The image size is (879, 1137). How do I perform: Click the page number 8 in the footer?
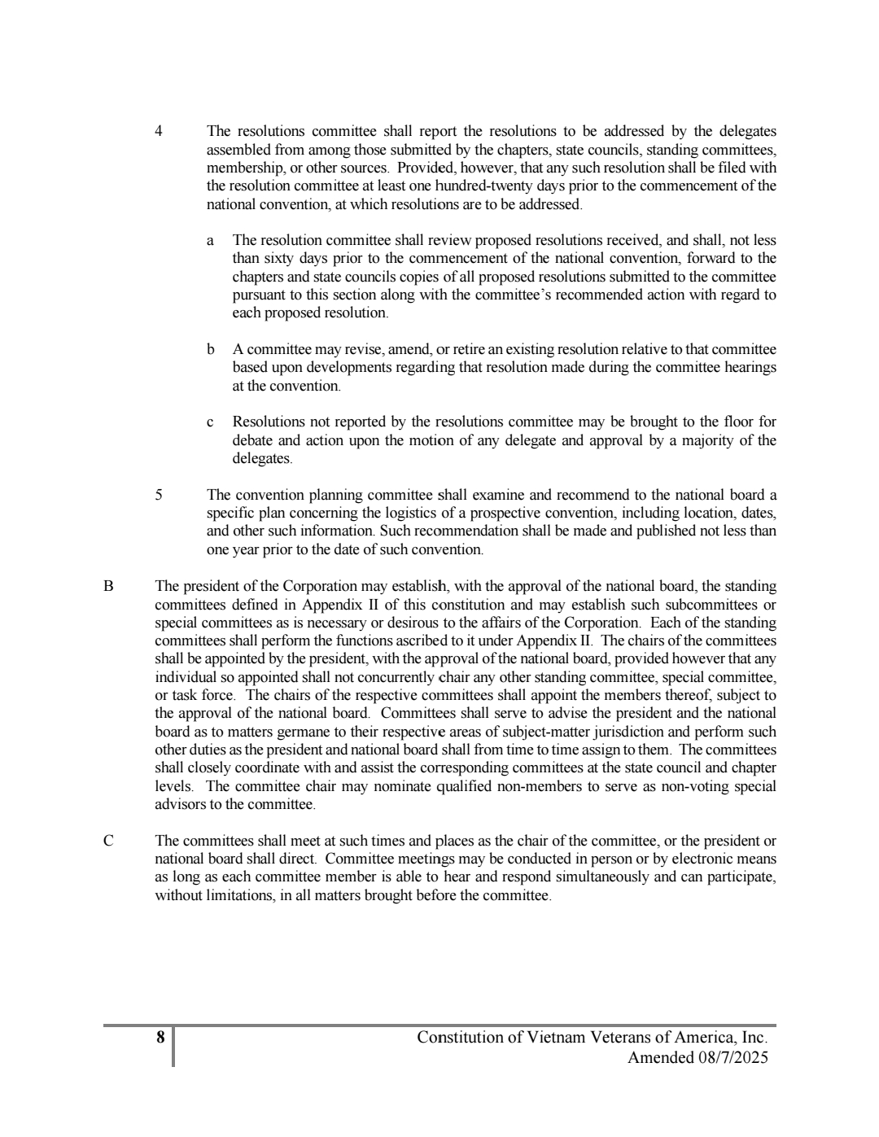(x=160, y=1038)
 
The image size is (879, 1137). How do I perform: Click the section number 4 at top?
(x=159, y=131)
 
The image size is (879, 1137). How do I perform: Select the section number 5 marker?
(x=159, y=495)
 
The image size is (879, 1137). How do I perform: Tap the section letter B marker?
(x=107, y=586)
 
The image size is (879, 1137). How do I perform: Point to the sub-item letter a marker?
(x=211, y=240)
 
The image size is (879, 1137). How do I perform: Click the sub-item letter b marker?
(x=211, y=349)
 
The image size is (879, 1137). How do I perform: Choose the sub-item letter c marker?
(x=211, y=422)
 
